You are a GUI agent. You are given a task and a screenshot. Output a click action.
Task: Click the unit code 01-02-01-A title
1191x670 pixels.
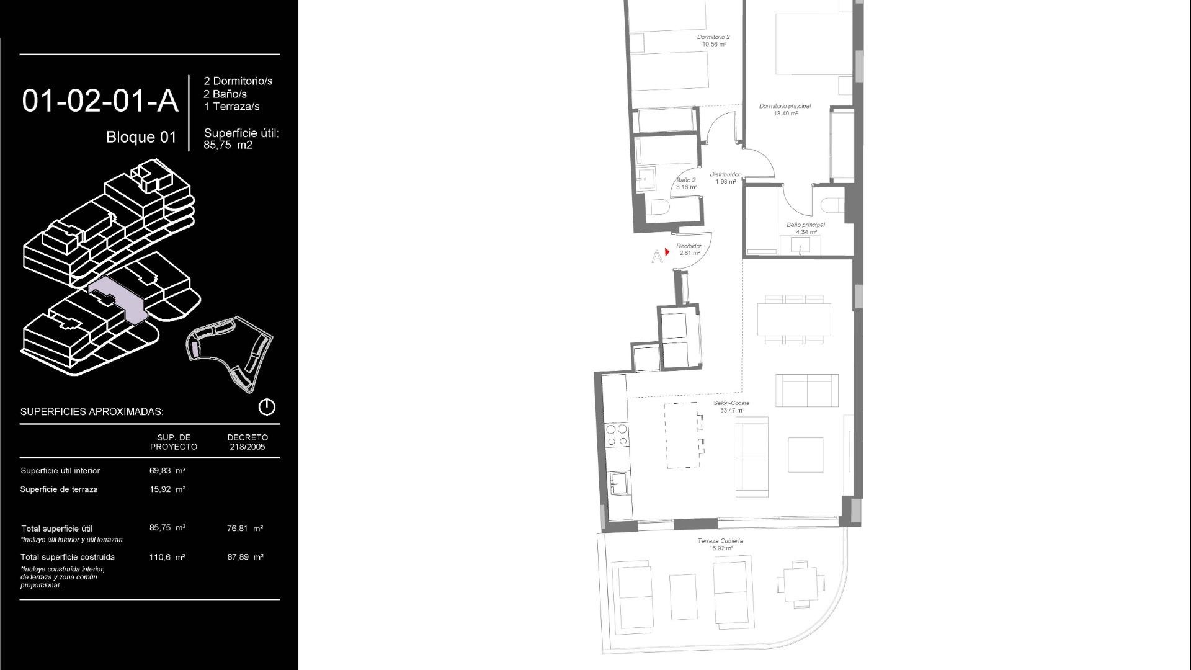click(100, 101)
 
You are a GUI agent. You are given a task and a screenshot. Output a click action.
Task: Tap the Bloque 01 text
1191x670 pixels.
click(141, 137)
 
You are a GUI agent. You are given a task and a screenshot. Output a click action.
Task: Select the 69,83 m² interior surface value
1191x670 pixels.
click(167, 471)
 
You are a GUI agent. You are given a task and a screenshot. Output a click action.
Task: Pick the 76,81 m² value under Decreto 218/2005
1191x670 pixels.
click(245, 529)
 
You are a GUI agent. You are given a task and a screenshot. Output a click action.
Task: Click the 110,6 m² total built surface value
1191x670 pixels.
click(167, 557)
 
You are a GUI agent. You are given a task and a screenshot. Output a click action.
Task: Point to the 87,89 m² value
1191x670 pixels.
click(246, 557)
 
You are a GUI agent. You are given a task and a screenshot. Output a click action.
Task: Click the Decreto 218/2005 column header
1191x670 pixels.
click(248, 442)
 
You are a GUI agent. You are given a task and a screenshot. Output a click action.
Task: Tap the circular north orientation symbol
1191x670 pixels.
click(267, 407)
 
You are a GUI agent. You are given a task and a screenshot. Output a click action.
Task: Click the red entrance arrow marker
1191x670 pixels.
click(667, 252)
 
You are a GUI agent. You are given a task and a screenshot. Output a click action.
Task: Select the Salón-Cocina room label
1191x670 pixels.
click(731, 403)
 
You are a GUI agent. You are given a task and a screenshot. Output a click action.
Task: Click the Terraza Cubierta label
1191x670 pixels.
click(720, 541)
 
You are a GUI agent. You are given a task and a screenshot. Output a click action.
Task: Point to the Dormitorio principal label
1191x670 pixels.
click(785, 106)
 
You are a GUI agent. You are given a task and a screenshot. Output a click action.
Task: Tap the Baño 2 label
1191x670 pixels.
click(686, 180)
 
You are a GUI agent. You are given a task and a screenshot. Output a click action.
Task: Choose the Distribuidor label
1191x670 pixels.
click(725, 174)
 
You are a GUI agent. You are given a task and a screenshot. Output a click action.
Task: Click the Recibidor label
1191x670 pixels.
click(689, 246)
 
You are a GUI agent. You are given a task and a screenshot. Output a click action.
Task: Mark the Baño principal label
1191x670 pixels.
click(806, 225)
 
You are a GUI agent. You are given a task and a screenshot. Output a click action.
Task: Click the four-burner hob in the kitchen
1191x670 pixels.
click(616, 434)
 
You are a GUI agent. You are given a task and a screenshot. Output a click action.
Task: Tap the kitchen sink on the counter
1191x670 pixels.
click(618, 483)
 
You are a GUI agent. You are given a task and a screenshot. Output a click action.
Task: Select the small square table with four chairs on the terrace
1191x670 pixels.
click(801, 583)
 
